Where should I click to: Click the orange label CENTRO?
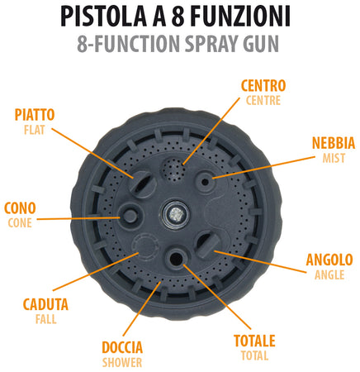[x=263, y=85]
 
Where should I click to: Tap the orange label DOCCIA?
[x=122, y=347]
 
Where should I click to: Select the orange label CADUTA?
[x=45, y=304]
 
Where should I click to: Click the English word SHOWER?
[x=122, y=362]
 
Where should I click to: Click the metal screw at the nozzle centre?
[x=175, y=212]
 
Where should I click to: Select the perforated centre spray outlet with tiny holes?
[x=174, y=170]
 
